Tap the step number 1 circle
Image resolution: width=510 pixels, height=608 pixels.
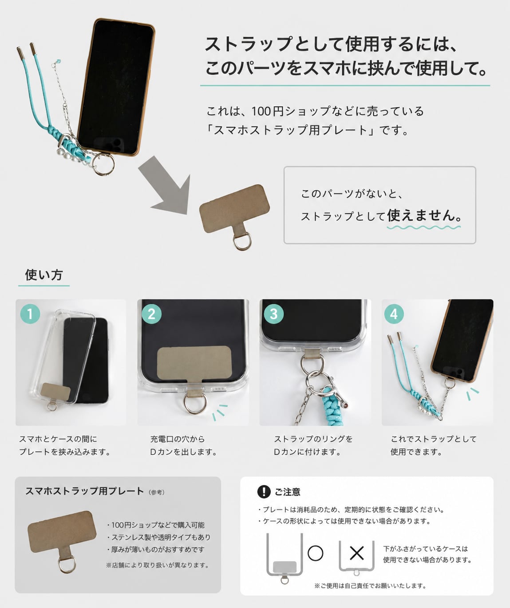pos(30,314)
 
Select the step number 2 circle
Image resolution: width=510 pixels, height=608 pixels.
pos(152,314)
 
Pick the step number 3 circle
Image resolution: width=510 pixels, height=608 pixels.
pos(273,314)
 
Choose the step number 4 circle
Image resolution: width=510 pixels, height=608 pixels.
pos(394,314)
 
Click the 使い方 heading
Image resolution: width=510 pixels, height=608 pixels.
pos(43,275)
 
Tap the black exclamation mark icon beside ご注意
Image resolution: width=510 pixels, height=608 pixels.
pos(264,492)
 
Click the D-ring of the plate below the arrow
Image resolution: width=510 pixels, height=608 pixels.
pos(242,242)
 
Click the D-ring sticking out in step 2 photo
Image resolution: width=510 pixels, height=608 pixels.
pos(195,404)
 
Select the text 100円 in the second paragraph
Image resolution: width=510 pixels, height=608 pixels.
pos(267,111)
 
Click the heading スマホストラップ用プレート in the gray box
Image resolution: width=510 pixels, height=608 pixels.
pos(85,491)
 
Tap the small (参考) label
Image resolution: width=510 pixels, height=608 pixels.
pos(157,492)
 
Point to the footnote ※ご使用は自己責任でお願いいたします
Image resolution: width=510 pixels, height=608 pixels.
pos(370,586)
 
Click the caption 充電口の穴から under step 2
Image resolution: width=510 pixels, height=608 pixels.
pos(178,439)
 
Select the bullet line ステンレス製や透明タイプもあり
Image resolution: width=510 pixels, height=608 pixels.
pos(158,537)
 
